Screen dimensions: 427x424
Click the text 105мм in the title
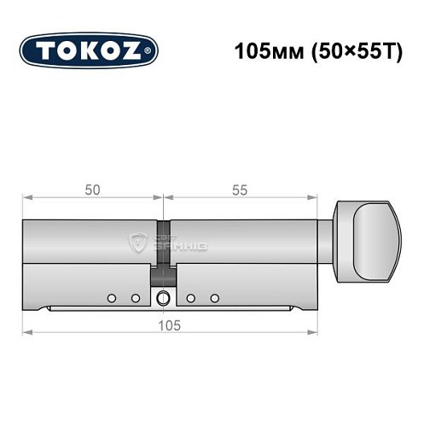[261, 50]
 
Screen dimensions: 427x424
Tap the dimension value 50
[90, 190]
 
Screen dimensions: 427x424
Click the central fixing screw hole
[162, 297]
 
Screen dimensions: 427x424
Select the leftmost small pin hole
[111, 297]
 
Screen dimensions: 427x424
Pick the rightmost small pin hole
[215, 297]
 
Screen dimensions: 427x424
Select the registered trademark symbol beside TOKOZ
[152, 52]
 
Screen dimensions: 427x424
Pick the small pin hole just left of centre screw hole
[135, 297]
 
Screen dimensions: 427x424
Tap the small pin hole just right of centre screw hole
[191, 297]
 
